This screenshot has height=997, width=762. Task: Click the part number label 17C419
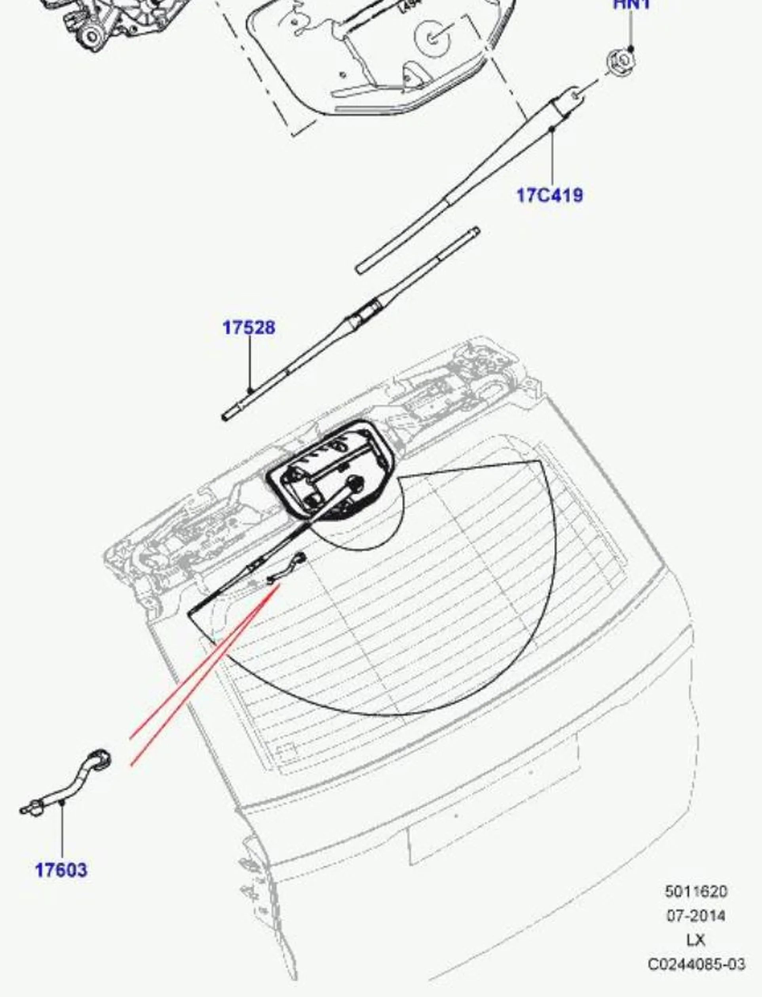click(550, 195)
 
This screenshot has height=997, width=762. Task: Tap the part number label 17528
click(249, 327)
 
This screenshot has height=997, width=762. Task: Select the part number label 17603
click(61, 870)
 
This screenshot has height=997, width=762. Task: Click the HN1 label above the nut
click(631, 4)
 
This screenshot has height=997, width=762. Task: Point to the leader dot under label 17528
click(249, 390)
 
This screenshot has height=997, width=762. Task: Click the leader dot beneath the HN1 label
click(631, 48)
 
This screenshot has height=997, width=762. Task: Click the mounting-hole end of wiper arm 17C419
click(574, 95)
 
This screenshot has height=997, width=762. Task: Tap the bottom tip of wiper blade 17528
click(225, 417)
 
